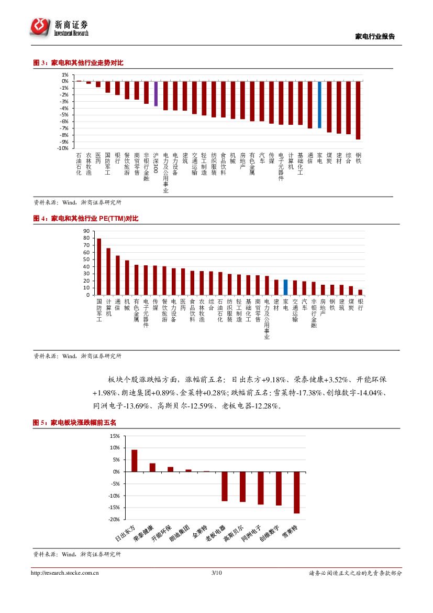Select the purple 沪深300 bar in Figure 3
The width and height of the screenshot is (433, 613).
point(156,93)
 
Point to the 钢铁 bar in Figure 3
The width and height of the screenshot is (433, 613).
point(358,110)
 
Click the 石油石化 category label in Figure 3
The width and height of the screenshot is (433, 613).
point(79,164)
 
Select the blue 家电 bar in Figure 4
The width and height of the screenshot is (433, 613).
point(285,287)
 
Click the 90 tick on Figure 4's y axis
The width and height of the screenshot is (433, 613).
point(86,231)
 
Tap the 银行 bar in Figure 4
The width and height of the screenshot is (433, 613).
point(360,292)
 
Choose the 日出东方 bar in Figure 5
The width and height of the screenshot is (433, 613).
point(135,460)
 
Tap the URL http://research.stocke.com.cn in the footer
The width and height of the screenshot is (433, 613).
point(65,573)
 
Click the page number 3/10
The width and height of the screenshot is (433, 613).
point(216,573)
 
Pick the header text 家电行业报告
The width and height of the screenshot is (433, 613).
point(375,37)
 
